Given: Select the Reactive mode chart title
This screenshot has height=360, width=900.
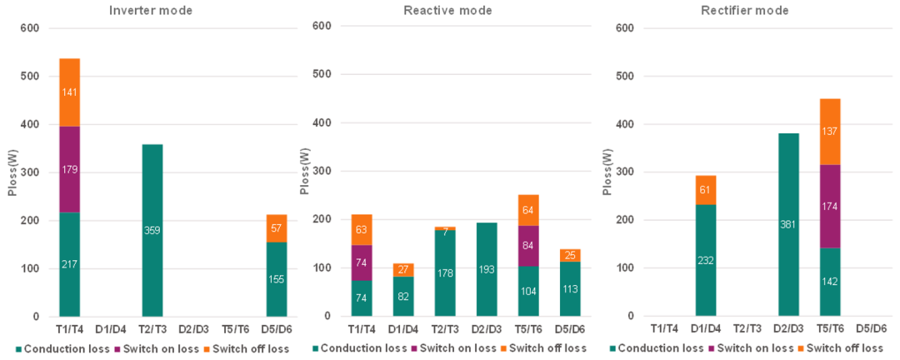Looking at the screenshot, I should [x=447, y=11].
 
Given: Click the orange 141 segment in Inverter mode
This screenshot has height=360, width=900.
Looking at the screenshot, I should [x=69, y=92].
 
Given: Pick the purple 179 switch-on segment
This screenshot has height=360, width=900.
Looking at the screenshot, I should [x=69, y=170].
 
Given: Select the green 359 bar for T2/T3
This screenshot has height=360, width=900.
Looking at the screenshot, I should [x=152, y=231].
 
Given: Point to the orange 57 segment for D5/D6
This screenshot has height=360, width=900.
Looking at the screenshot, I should [x=275, y=228].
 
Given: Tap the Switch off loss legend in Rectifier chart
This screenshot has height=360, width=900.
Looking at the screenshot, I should [x=845, y=348].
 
